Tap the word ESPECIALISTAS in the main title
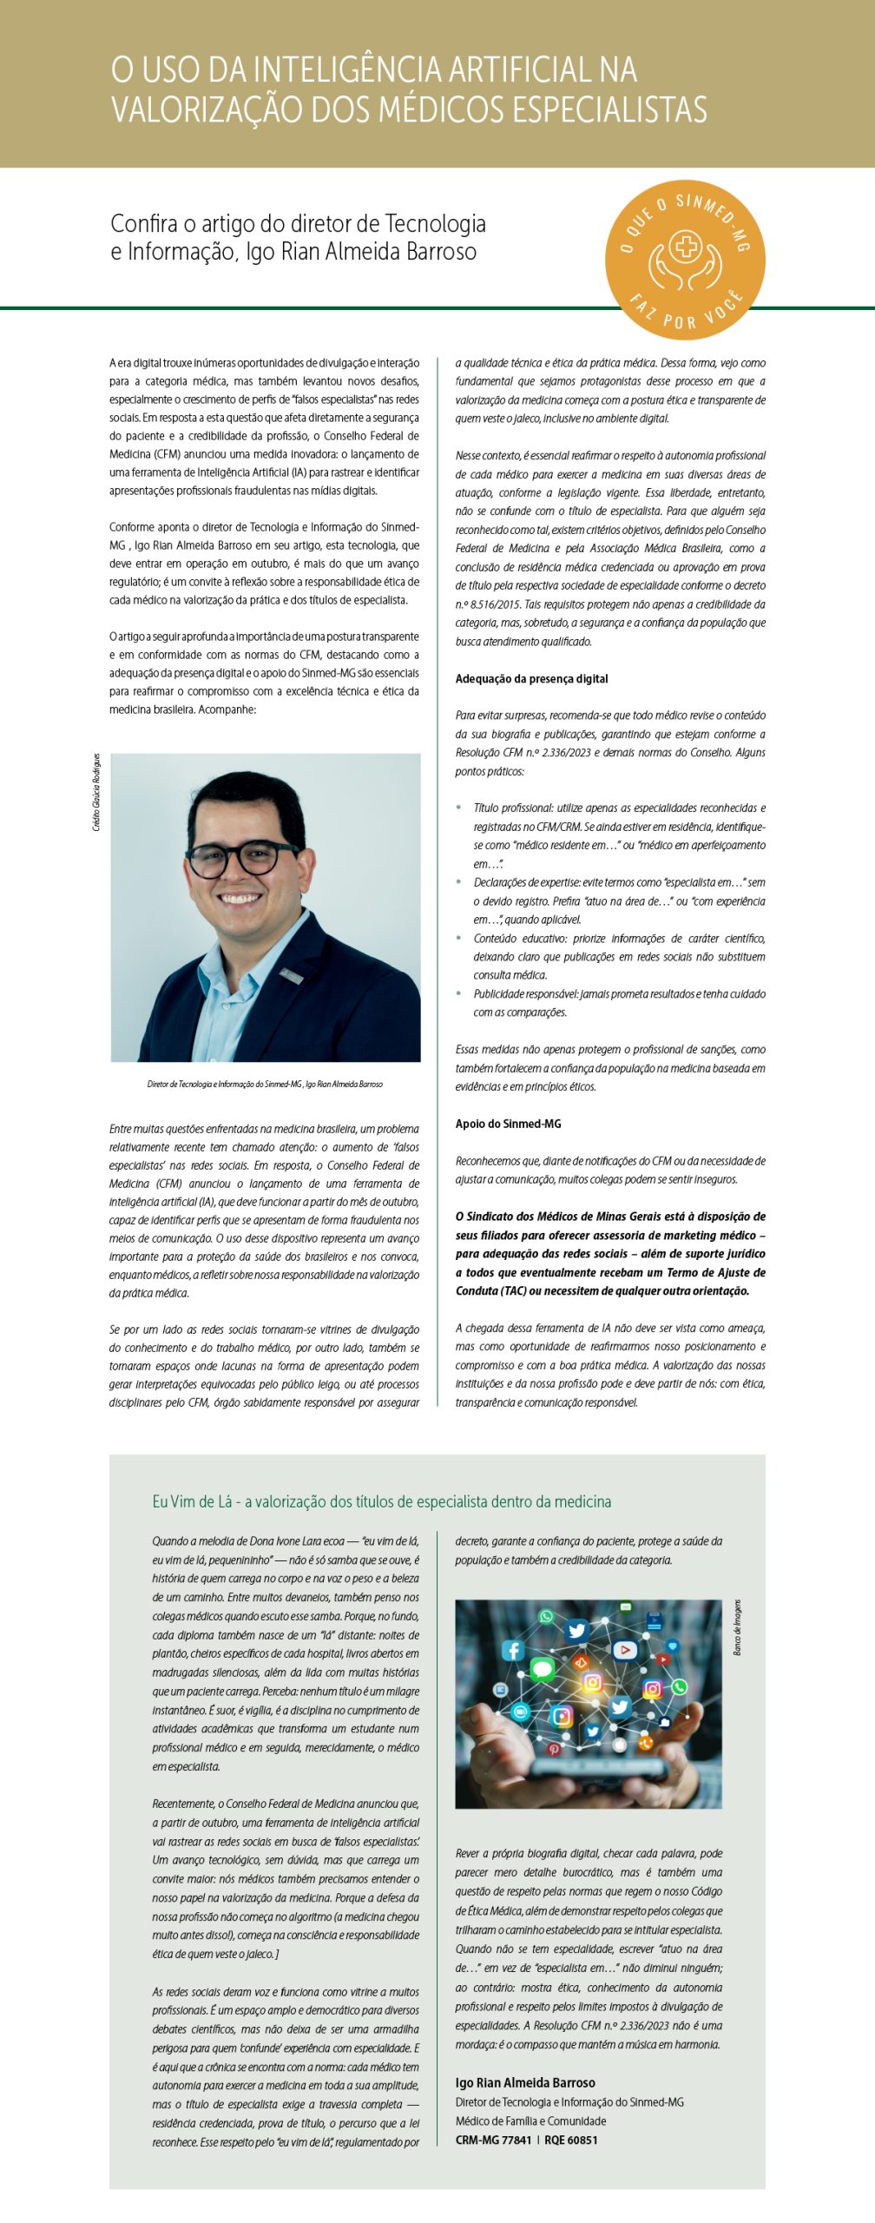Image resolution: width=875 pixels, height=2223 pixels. coord(608,110)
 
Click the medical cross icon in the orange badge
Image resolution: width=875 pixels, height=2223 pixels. coord(686,247)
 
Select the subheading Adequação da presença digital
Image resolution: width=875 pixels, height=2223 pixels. coord(531,679)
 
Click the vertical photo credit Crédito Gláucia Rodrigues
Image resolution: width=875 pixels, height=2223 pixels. coord(96,792)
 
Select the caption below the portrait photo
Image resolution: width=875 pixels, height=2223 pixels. coord(265,1084)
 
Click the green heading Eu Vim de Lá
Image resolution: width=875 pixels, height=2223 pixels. coord(381,1501)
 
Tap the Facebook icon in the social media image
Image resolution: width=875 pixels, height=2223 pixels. coord(513,1650)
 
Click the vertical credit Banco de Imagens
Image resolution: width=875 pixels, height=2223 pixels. coord(737,1627)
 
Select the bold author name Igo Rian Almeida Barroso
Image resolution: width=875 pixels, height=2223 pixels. coord(525,2082)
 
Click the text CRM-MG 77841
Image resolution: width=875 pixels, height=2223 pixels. coord(493,2140)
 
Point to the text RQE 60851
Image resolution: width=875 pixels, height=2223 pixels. coord(570,2140)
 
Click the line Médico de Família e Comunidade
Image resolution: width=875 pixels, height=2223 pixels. coord(530,2121)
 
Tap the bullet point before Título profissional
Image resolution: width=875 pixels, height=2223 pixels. coord(458,808)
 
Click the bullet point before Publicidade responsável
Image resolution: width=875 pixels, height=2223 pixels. coord(458,993)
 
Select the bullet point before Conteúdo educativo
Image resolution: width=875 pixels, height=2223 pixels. coord(458,938)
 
